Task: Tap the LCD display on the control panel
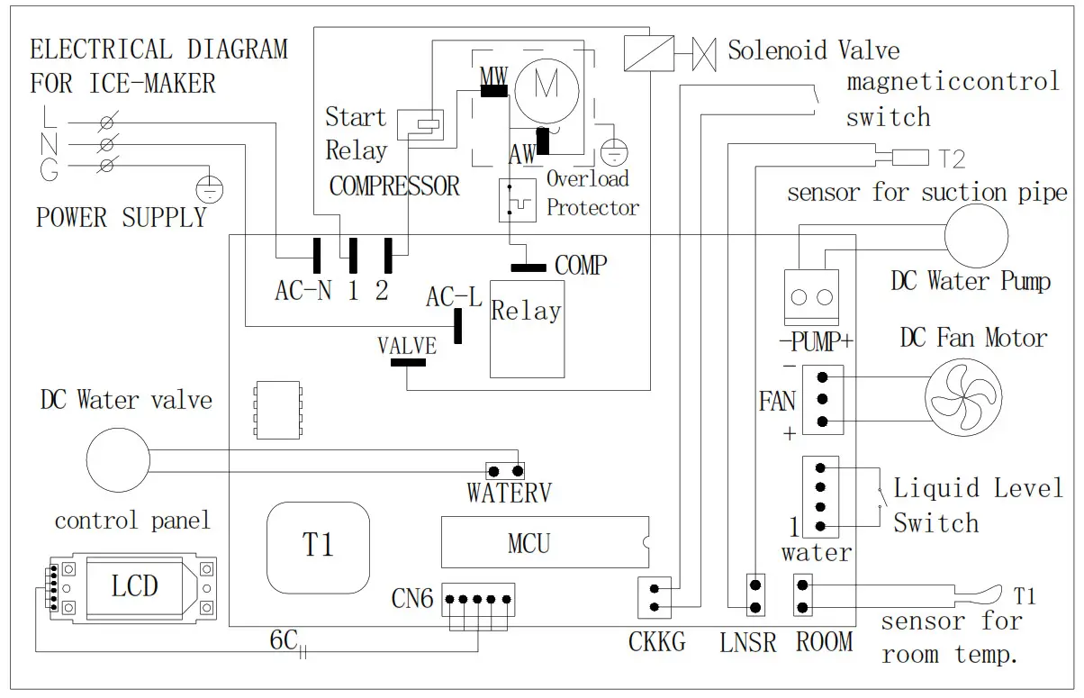tap(134, 586)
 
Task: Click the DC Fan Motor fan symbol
tap(963, 397)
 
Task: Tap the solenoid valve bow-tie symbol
tap(704, 54)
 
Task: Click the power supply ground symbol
tap(210, 189)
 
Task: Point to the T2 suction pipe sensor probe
tap(910, 158)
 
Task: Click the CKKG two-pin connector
tap(655, 598)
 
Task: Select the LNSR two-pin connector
tap(755, 595)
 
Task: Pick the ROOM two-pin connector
tap(803, 595)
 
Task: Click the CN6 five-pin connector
tap(478, 599)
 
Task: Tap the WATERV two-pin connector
tap(505, 471)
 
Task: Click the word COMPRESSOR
tap(394, 186)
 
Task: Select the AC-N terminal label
tap(303, 291)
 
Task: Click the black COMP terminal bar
tap(528, 267)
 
